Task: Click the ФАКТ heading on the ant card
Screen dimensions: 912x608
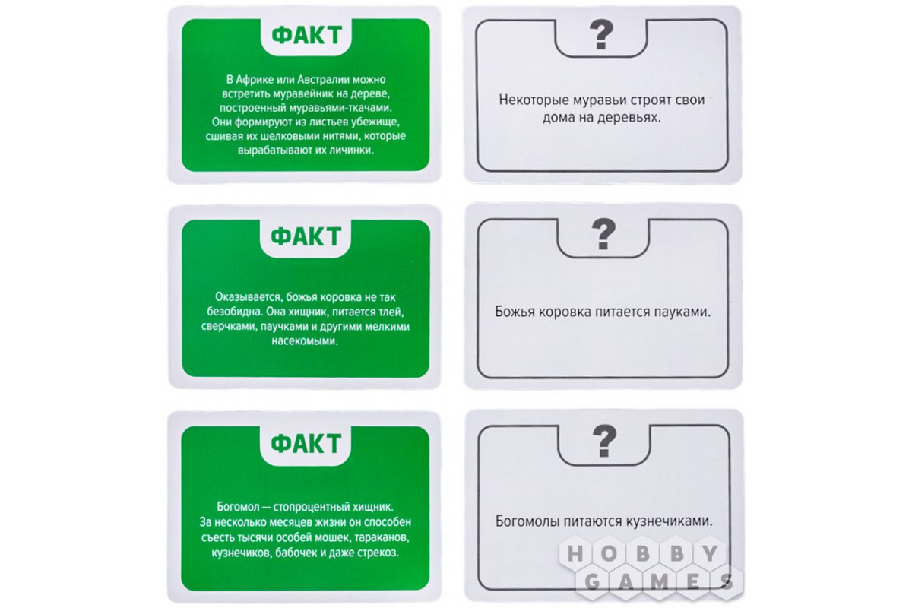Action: (306, 36)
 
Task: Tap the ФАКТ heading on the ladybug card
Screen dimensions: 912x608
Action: (306, 236)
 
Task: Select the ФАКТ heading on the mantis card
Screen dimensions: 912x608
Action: (306, 444)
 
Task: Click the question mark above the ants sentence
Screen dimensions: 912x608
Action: (601, 35)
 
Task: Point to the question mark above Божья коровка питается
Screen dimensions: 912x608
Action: (603, 234)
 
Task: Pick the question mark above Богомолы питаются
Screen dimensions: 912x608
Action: (604, 441)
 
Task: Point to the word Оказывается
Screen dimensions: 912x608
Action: (249, 297)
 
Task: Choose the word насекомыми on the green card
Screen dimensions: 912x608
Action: (305, 340)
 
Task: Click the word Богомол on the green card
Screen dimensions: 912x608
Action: (238, 507)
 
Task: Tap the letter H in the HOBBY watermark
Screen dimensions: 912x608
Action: (575, 554)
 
